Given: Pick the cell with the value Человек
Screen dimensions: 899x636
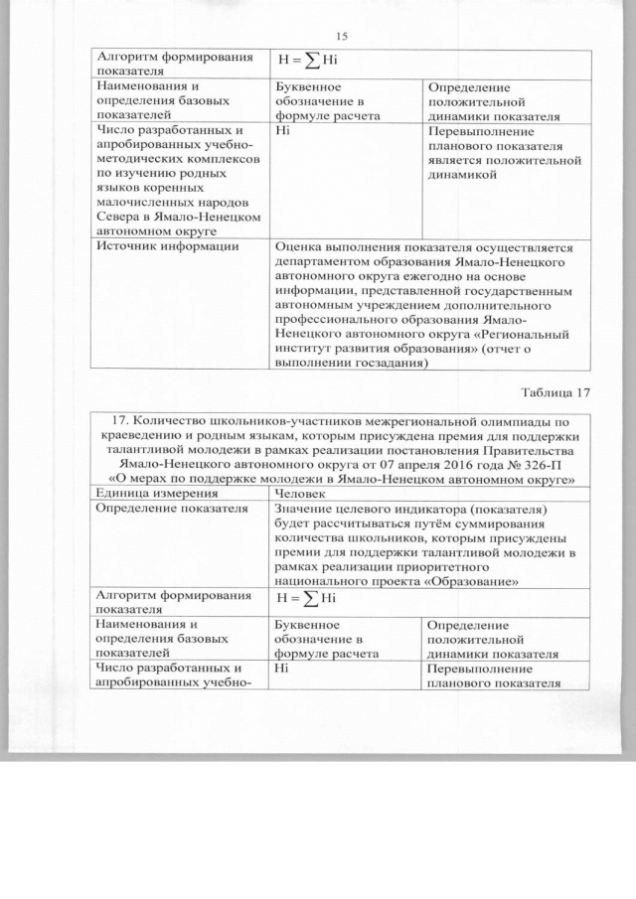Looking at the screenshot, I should click(304, 493).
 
